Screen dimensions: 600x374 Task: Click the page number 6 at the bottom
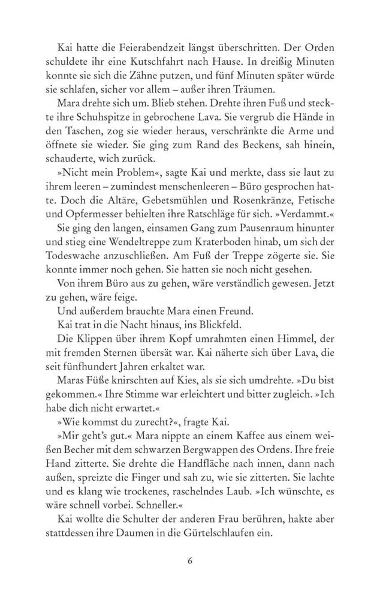pyautogui.click(x=189, y=562)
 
